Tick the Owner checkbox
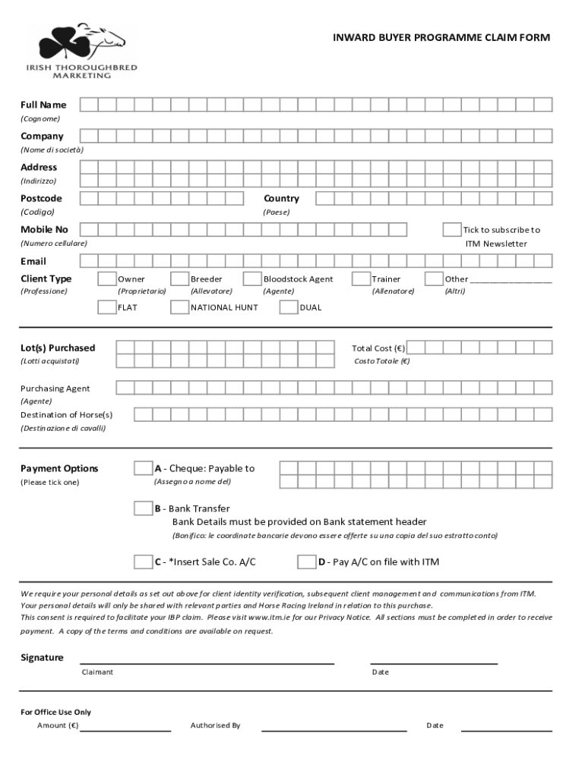click(x=107, y=279)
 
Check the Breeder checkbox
click(x=180, y=279)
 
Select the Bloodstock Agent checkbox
click(x=252, y=279)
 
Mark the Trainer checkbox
click(x=362, y=279)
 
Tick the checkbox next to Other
click(x=434, y=279)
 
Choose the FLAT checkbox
click(x=107, y=307)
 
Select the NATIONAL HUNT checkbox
click(x=180, y=307)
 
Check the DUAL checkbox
click(x=289, y=307)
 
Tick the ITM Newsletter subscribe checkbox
click(x=452, y=230)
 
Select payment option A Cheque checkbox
click(x=143, y=468)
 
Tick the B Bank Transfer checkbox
click(x=143, y=508)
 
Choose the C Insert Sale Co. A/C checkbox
click(x=143, y=562)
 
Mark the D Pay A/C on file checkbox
click(x=306, y=562)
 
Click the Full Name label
click(x=43, y=105)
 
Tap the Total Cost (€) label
click(x=378, y=348)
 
